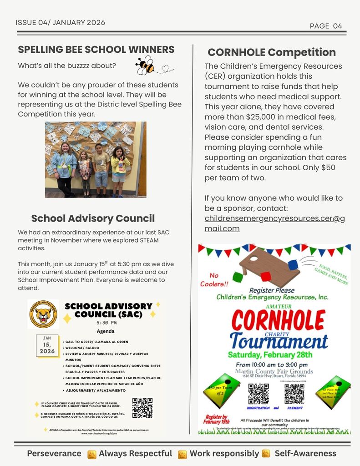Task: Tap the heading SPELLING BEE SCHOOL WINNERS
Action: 96,49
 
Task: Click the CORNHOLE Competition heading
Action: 272,52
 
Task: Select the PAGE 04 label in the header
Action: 325,26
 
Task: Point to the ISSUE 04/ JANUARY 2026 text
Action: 61,22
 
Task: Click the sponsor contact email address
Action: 274,223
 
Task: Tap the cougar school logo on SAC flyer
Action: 43,314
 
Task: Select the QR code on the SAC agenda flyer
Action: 142,408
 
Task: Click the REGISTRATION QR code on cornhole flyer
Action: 258,394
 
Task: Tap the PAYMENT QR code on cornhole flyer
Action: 294,394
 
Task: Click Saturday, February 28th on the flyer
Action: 270,355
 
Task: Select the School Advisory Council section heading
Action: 93,218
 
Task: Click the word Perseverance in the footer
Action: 54,453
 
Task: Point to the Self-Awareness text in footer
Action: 305,453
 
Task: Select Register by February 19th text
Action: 217,419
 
